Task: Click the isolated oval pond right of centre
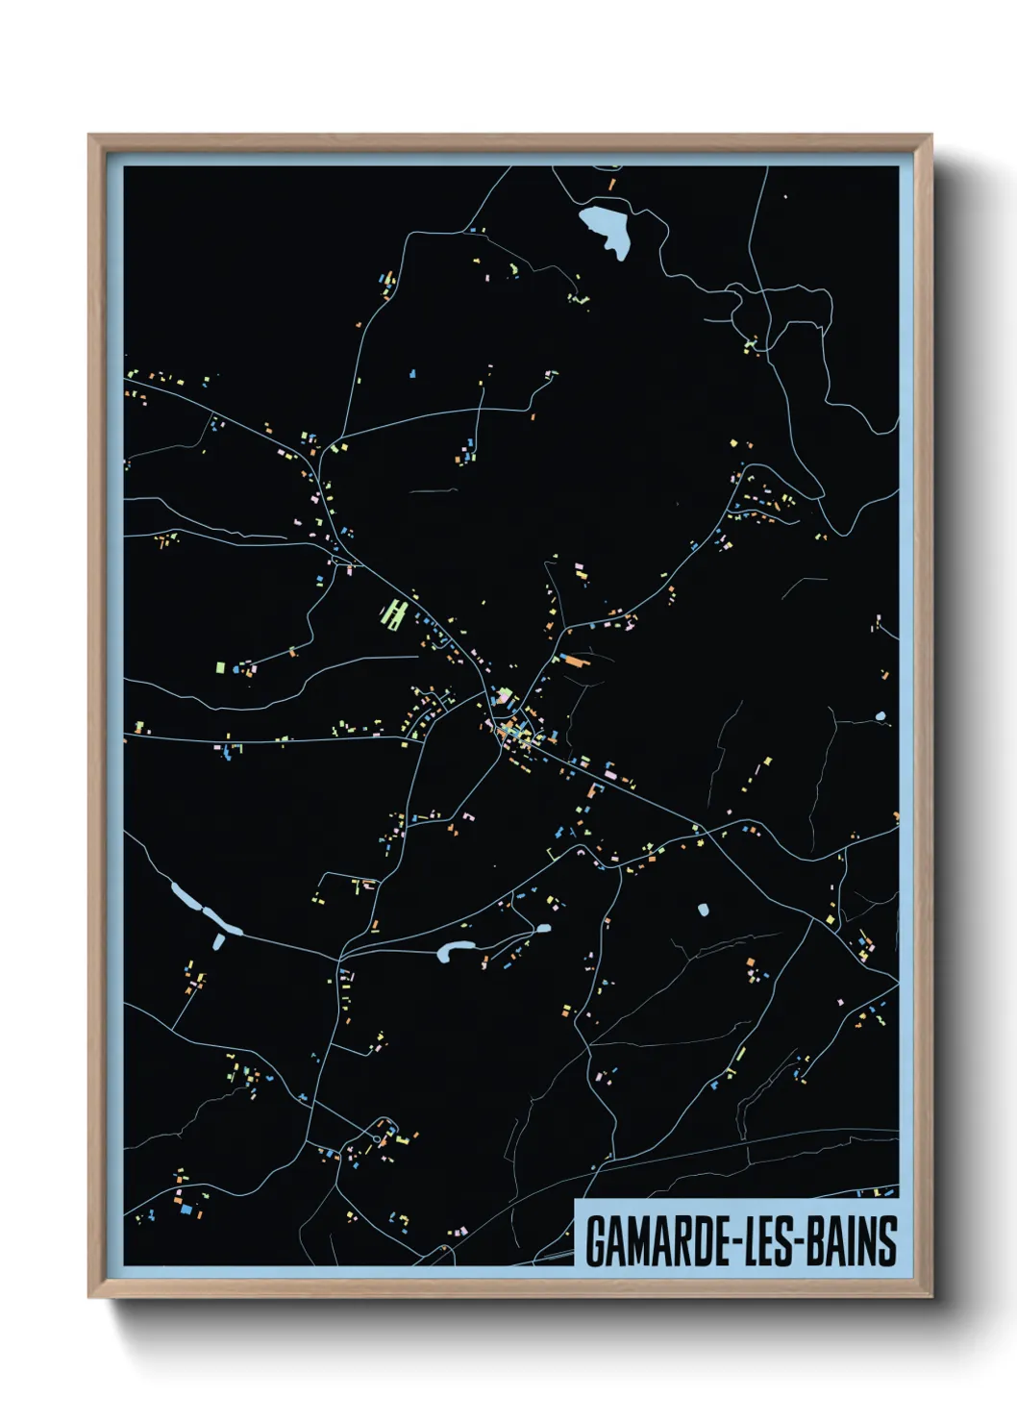pyautogui.click(x=703, y=909)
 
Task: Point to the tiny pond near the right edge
pyautogui.click(x=880, y=716)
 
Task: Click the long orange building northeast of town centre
pyautogui.click(x=574, y=661)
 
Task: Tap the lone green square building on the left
pyautogui.click(x=219, y=666)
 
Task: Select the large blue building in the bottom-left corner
pyautogui.click(x=186, y=1209)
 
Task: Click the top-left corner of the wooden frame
pyautogui.click(x=90, y=137)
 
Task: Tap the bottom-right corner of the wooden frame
pyautogui.click(x=930, y=1295)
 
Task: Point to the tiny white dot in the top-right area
pyautogui.click(x=785, y=196)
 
